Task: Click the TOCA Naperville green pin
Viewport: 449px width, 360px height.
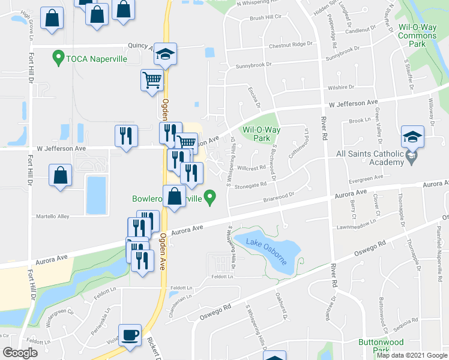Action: pyautogui.click(x=58, y=58)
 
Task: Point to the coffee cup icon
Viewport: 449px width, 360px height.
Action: pyautogui.click(x=130, y=334)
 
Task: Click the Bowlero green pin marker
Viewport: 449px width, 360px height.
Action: pyautogui.click(x=209, y=196)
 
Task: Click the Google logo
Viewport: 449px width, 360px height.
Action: pyautogui.click(x=21, y=353)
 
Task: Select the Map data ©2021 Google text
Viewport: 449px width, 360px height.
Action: pyautogui.click(x=411, y=355)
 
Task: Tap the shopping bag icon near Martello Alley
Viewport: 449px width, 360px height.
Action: pyautogui.click(x=60, y=175)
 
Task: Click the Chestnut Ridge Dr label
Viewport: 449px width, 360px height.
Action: pyautogui.click(x=291, y=44)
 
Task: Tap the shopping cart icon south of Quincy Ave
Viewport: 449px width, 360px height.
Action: pyautogui.click(x=152, y=79)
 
